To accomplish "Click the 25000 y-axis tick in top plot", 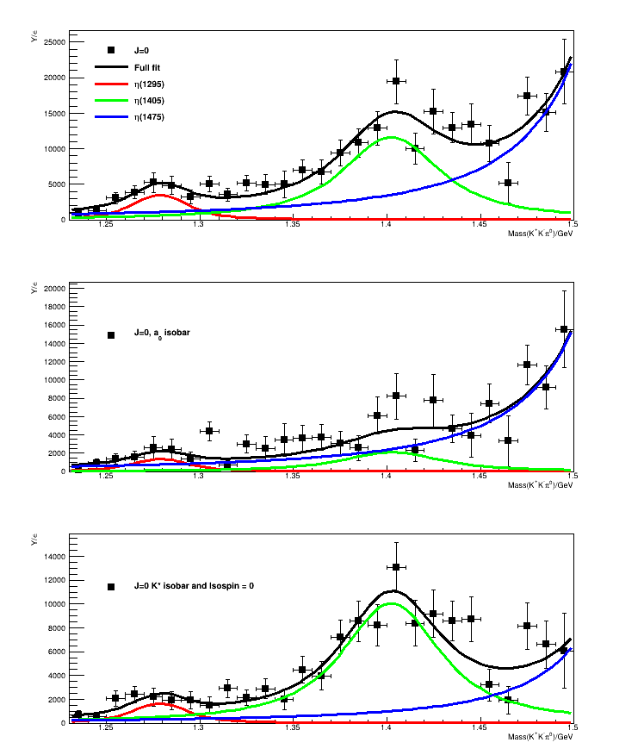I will (x=54, y=41).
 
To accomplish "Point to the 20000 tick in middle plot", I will (x=54, y=288).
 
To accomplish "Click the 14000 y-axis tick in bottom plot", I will (x=54, y=556).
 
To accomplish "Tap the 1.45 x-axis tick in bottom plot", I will (x=479, y=729).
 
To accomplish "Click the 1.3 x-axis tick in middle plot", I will (x=199, y=477).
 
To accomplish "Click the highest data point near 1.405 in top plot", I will (x=396, y=81).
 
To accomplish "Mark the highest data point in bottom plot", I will (x=396, y=567).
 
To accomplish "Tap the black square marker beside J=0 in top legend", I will (x=110, y=51).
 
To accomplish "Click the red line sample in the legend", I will (x=110, y=84).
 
